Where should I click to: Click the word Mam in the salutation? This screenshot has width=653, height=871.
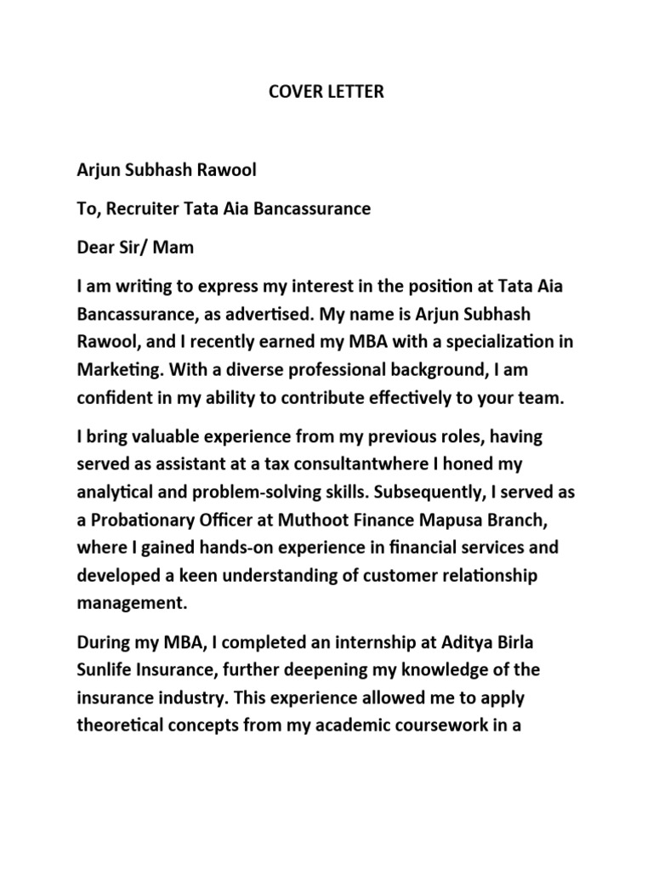point(173,248)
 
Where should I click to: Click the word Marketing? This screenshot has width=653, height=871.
point(119,372)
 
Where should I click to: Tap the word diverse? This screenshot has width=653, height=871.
point(238,372)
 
